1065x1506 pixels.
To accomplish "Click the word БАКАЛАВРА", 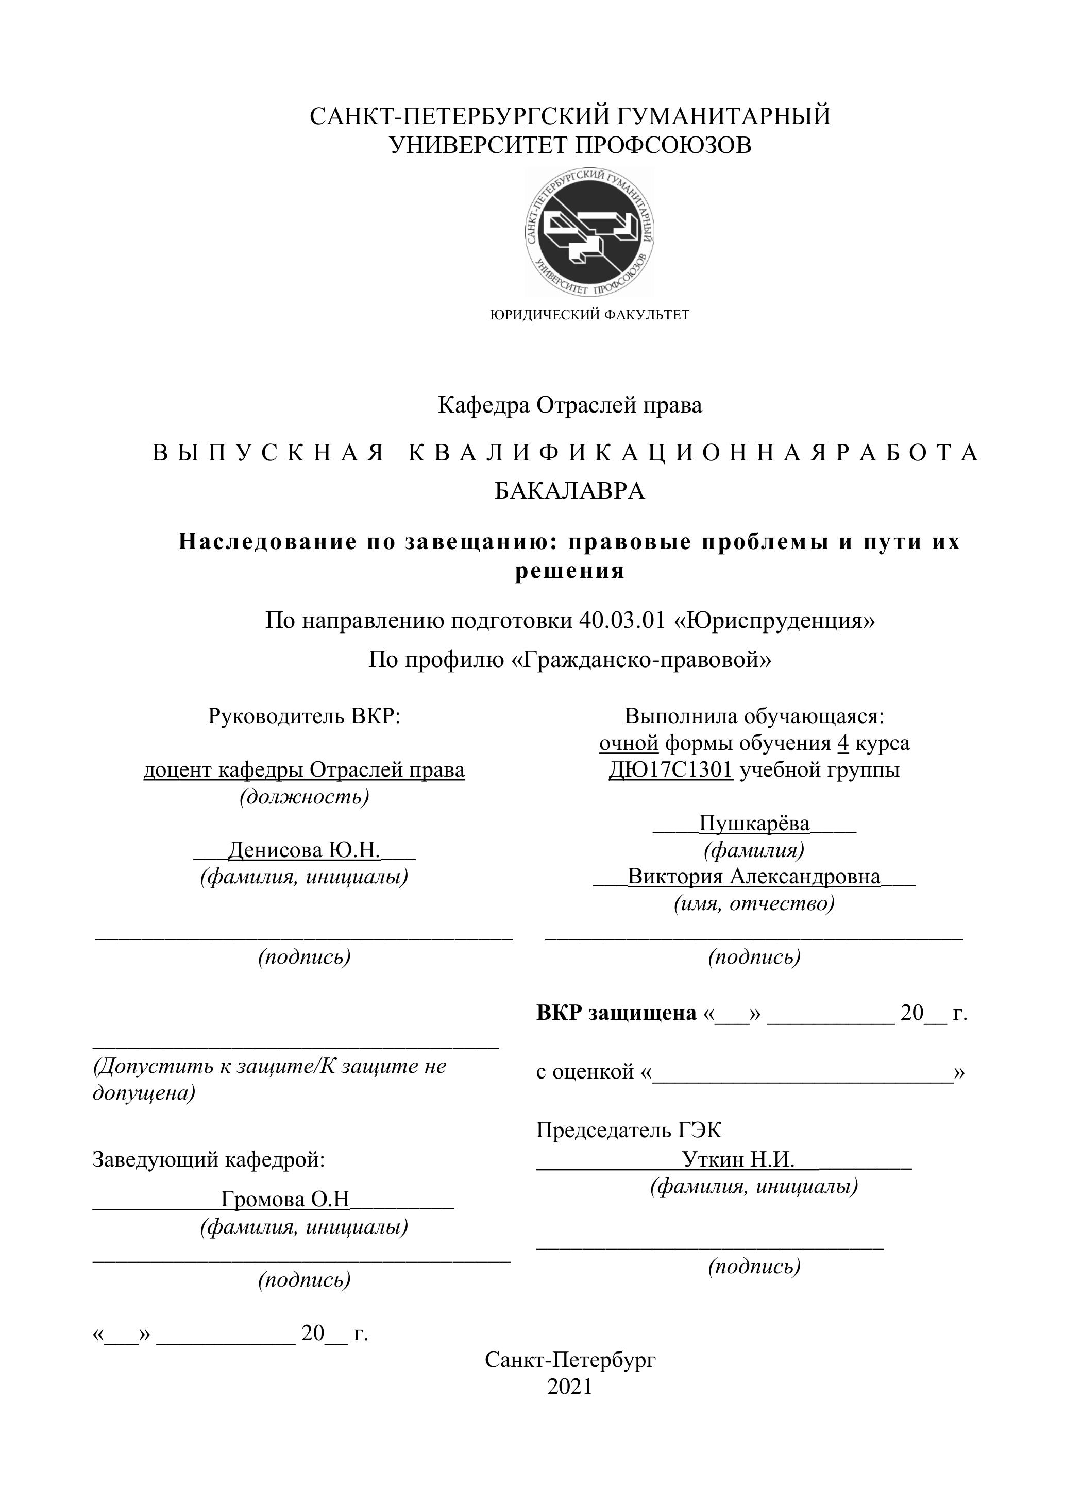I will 569,491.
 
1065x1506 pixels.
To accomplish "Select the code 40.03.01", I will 622,620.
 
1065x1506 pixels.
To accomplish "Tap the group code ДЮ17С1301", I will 670,769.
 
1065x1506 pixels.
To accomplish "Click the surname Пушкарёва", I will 754,823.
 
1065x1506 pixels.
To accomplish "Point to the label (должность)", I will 305,796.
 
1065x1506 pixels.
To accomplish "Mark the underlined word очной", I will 629,743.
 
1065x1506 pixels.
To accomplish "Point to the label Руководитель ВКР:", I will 304,715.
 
